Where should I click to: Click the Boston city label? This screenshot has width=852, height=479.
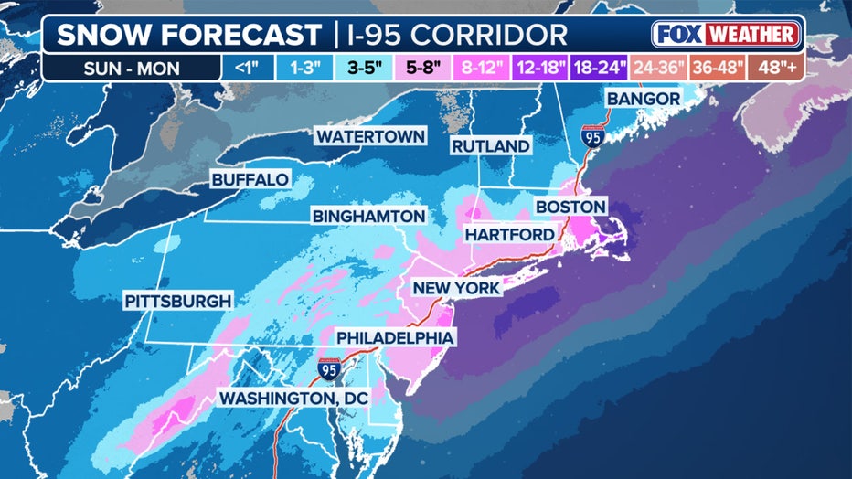[570, 208]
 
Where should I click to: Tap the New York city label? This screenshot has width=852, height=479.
[456, 288]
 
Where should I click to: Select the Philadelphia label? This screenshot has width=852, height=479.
[395, 338]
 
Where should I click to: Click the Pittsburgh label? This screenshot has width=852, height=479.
[178, 301]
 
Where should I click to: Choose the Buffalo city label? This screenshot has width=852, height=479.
[250, 180]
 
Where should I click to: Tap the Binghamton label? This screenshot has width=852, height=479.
[369, 217]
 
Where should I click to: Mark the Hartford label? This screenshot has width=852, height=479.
[509, 235]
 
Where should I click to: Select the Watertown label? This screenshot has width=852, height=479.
[370, 136]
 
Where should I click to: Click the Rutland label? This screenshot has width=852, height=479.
[490, 146]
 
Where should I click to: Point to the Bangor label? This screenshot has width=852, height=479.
[644, 99]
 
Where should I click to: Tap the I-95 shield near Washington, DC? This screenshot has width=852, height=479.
[329, 370]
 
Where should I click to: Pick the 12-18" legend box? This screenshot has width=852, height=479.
[540, 67]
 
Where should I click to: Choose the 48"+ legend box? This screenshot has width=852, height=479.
[773, 67]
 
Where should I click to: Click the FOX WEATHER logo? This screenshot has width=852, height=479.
[727, 35]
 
